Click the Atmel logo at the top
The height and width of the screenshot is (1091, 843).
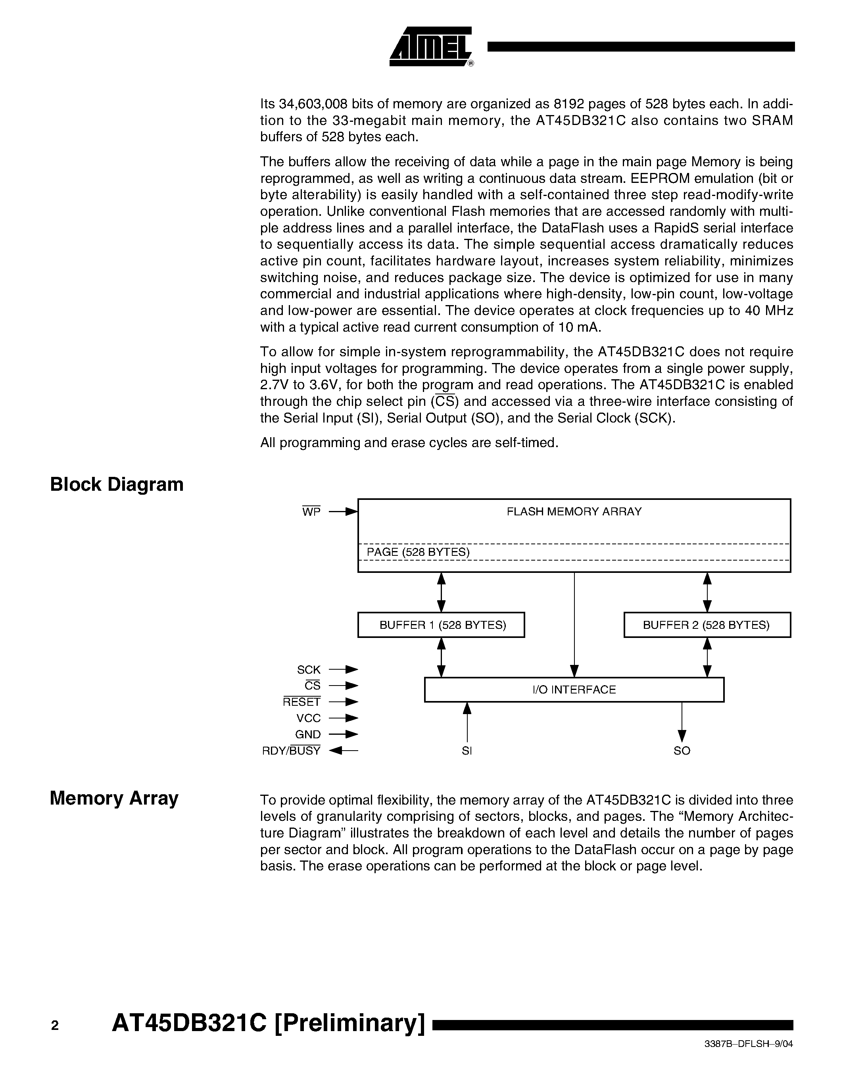coord(430,46)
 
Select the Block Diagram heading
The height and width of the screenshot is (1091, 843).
coord(117,484)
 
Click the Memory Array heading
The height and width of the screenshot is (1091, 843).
coord(114,798)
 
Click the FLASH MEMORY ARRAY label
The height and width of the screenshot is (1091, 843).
coord(574,511)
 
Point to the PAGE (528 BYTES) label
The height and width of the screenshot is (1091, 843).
coord(418,552)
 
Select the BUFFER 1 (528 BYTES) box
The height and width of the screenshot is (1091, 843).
coord(442,625)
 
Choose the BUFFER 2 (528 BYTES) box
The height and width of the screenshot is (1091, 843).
coord(707,625)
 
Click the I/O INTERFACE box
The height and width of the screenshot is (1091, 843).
coord(574,690)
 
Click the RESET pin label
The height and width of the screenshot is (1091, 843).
coord(301,702)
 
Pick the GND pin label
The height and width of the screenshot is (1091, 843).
coord(307,735)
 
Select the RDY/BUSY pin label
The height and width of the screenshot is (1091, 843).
coord(291,751)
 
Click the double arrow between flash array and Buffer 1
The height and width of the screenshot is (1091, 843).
coord(442,592)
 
